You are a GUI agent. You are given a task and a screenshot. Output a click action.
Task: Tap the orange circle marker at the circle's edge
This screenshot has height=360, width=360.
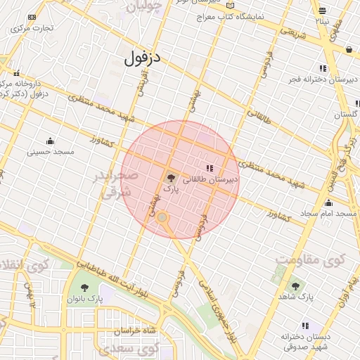[x=162, y=218]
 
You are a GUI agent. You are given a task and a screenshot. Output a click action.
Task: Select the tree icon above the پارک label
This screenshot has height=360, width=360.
[x=172, y=178]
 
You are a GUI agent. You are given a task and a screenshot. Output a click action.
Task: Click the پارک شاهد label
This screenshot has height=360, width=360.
[x=295, y=297]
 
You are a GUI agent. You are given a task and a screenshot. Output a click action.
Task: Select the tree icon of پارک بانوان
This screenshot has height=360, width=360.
[x=85, y=288]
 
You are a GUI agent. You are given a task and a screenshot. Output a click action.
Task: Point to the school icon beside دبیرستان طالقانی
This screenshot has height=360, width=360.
[x=210, y=167]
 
